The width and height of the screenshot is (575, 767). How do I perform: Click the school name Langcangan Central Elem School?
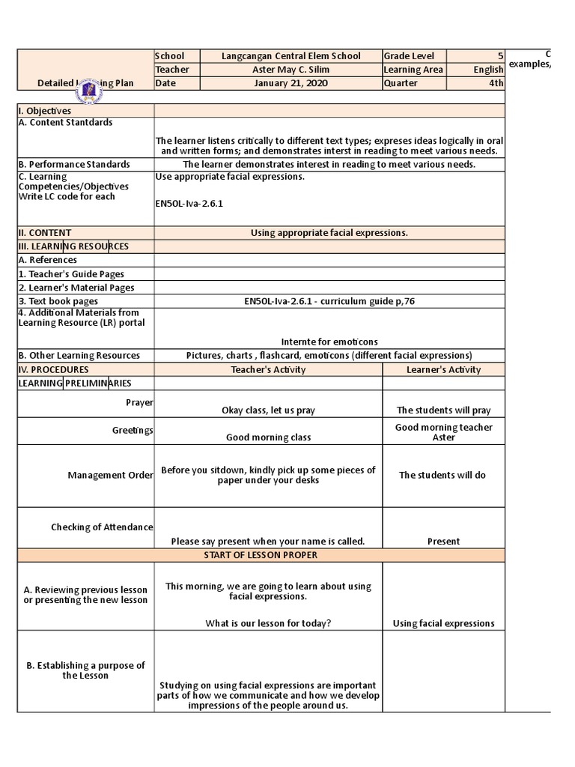290,56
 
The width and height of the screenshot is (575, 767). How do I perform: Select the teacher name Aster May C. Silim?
290,70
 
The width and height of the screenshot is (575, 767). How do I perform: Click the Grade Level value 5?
500,56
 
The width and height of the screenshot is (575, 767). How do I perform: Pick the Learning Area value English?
488,70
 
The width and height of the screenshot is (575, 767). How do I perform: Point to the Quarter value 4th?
496,83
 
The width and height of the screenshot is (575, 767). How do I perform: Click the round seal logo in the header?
89,91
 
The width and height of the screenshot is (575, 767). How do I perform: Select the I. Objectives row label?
45,111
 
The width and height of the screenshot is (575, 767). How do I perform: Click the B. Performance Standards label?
74,164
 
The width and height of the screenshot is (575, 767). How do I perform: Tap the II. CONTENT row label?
45,233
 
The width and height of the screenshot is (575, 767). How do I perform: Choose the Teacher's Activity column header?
268,369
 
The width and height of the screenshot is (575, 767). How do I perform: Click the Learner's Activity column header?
443,369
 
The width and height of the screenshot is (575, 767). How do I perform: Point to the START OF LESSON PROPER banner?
261,555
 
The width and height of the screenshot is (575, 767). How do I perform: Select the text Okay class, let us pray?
268,410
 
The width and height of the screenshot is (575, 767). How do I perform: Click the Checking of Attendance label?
102,527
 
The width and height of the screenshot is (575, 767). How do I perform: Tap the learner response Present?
443,542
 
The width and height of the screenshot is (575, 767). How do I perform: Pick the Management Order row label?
110,476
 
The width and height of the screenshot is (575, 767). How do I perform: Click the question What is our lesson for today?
268,623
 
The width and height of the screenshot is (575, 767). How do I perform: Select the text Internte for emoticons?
329,342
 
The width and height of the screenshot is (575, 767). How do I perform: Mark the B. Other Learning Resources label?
79,356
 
